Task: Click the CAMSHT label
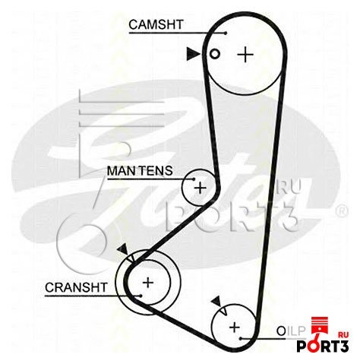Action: [x=156, y=24]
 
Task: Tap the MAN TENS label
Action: [x=140, y=171]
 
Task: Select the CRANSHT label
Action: [x=76, y=287]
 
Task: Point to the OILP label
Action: [x=290, y=331]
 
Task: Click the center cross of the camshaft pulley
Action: [x=245, y=54]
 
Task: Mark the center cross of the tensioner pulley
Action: [x=200, y=188]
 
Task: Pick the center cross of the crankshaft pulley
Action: [x=148, y=283]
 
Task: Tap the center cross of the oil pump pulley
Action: [x=235, y=328]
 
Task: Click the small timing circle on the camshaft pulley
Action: [x=215, y=54]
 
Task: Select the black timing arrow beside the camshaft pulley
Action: [x=193, y=54]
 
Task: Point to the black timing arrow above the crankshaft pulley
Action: [x=123, y=249]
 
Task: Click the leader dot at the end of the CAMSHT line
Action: [x=226, y=33]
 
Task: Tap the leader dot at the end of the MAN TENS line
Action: [x=194, y=179]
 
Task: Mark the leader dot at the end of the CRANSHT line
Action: [x=141, y=296]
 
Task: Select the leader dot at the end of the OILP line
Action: [x=240, y=338]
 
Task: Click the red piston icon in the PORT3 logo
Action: [x=320, y=326]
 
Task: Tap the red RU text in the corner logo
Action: [x=343, y=334]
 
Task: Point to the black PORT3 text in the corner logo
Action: [x=323, y=346]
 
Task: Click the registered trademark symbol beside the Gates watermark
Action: [x=342, y=210]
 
